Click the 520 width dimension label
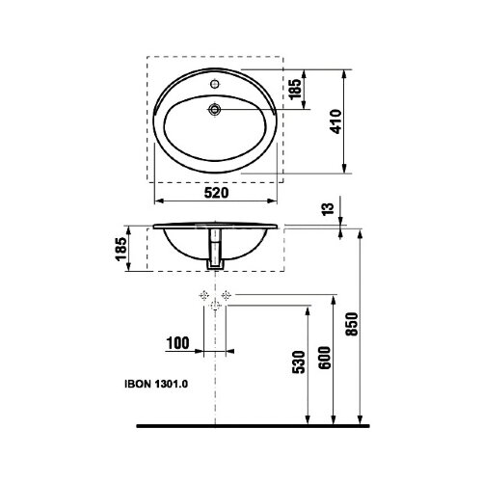(216, 193)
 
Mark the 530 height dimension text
(297, 361)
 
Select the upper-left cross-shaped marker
(203, 292)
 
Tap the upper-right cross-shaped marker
(227, 292)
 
